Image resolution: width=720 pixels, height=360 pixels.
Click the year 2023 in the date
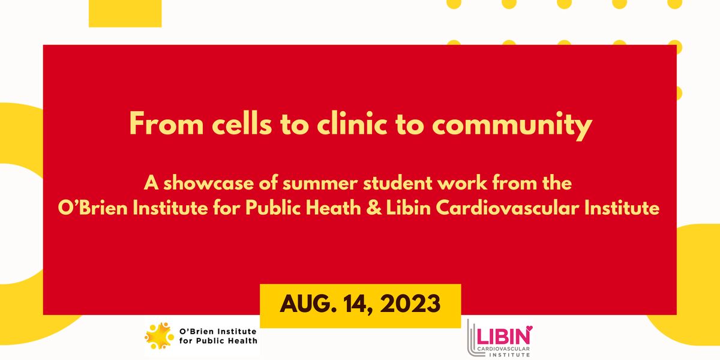pos(412,304)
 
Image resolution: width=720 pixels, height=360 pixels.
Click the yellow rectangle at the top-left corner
pos(125,13)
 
